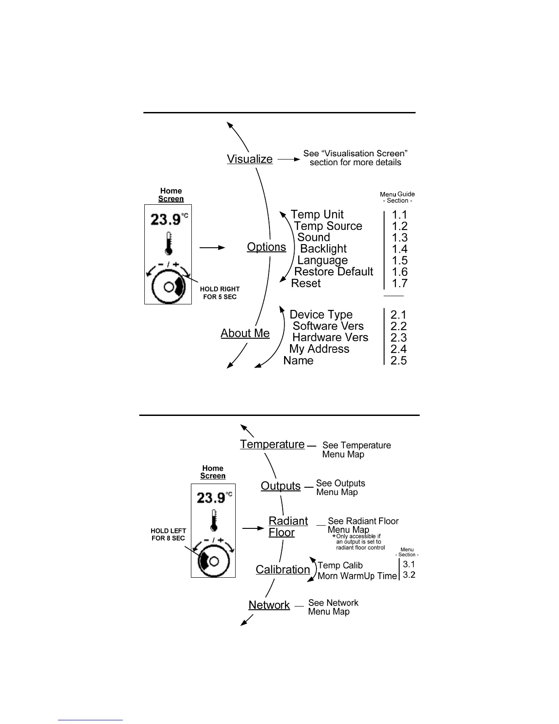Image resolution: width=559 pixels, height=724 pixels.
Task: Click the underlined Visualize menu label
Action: (x=249, y=159)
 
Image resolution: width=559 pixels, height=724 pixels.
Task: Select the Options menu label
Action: (x=266, y=247)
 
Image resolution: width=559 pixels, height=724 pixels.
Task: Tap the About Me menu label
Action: (x=245, y=333)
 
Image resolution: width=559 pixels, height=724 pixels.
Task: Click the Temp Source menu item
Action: (x=328, y=226)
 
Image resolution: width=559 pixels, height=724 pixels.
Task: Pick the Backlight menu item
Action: (x=323, y=249)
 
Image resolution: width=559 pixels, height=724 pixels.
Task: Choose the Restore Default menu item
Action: (x=333, y=271)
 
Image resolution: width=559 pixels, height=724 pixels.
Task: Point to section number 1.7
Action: (x=400, y=283)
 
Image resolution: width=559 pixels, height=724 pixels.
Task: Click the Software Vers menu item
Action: (x=328, y=326)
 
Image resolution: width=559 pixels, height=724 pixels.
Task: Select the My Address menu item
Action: (x=319, y=349)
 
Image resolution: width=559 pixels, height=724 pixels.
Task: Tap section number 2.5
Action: (x=398, y=360)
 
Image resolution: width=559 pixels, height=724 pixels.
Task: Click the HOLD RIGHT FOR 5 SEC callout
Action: (x=220, y=293)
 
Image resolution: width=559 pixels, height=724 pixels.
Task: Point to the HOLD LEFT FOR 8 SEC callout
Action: (x=168, y=534)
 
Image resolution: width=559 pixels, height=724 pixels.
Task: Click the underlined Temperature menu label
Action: (x=272, y=444)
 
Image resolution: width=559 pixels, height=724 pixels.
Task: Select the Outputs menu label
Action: (x=280, y=486)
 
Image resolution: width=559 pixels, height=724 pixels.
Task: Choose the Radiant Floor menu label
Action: (x=288, y=527)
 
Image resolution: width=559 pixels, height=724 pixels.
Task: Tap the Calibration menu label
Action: (x=283, y=570)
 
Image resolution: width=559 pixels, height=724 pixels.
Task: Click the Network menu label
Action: (x=269, y=605)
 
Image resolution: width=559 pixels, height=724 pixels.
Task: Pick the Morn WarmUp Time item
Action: (x=357, y=576)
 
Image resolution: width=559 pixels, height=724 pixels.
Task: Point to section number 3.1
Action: (x=409, y=564)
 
